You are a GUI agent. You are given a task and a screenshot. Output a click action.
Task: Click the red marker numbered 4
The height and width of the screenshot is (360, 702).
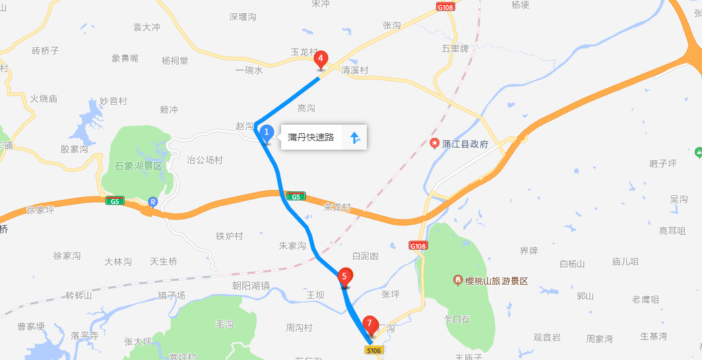321,59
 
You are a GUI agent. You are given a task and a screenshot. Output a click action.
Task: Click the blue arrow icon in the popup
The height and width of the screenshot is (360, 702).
354,138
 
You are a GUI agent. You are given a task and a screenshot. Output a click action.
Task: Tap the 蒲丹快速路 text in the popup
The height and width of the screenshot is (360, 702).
311,138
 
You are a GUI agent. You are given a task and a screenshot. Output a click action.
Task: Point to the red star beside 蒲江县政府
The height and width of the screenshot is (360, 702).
434,143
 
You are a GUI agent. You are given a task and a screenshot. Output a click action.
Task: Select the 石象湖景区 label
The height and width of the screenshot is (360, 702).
138,165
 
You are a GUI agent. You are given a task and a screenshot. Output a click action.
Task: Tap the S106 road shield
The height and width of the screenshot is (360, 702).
374,351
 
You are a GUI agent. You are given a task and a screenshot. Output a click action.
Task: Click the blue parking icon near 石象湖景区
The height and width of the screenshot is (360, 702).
153,202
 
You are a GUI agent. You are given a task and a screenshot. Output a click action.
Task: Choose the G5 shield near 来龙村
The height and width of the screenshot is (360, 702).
295,196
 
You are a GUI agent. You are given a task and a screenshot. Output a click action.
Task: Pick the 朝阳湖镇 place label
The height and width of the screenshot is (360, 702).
251,285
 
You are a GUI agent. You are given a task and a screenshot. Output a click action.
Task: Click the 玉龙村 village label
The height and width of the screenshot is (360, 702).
304,51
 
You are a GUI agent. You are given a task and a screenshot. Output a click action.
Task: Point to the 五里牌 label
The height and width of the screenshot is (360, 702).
455,49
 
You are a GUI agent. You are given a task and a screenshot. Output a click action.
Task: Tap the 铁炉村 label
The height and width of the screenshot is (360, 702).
230,236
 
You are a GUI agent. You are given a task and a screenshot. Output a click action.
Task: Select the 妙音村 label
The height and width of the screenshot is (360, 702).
113,101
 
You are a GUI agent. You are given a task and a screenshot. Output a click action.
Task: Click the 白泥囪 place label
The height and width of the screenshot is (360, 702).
365,255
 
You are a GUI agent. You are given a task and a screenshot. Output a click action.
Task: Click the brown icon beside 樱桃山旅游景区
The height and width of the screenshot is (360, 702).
457,281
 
